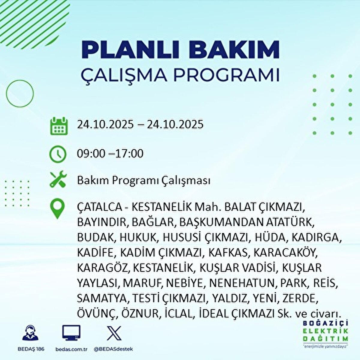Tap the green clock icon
pos(58,154)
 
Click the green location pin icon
pos(58,209)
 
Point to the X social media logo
pos(114,333)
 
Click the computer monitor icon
pos(71,333)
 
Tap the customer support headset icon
pos(30,333)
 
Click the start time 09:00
pos(91,154)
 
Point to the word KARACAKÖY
pos(285,253)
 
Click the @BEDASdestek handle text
pos(113,349)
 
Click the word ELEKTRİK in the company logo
pos(326,331)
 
